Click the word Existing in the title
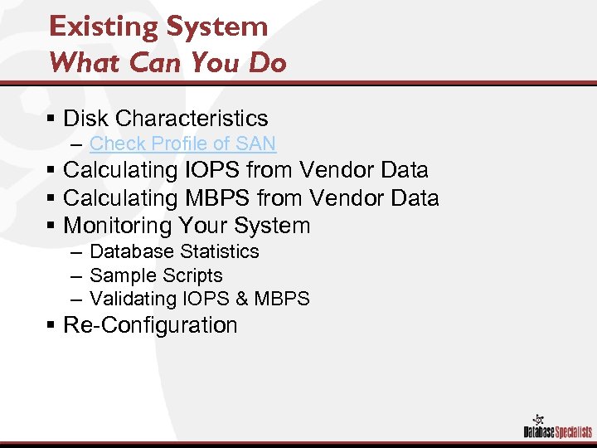click(x=98, y=27)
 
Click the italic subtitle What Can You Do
click(x=167, y=63)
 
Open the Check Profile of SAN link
click(x=182, y=144)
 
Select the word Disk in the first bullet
click(x=83, y=119)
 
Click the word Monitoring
click(x=117, y=226)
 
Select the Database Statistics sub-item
click(x=174, y=251)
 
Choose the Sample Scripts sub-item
click(x=156, y=275)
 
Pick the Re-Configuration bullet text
click(x=150, y=325)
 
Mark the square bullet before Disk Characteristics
click(x=51, y=119)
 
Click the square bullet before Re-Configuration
click(x=51, y=326)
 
